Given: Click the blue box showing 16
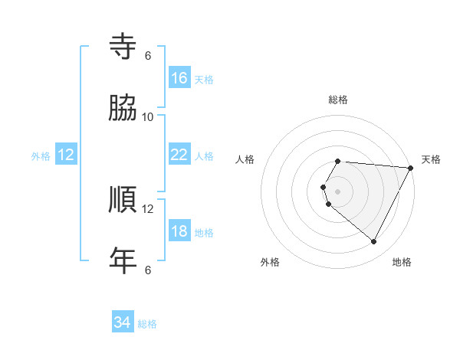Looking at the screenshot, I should coord(179,78).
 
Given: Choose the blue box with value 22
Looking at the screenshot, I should coord(179,155).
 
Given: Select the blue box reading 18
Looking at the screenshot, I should coord(179,232).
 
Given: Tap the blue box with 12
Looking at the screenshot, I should coord(66,155).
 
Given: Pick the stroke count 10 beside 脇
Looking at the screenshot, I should coord(147,116).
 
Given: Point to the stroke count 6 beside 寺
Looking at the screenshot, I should coord(147,55).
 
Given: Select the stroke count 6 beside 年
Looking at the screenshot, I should coord(147,270).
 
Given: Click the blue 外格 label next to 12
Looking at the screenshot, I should coord(41,156).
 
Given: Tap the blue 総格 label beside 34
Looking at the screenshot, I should coord(147,324).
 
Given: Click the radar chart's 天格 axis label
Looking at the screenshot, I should coord(431,159).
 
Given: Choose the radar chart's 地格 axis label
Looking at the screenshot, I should coord(402,262).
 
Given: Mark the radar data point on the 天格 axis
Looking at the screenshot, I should coord(411,168).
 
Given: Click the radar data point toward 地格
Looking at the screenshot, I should coord(374,242).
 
